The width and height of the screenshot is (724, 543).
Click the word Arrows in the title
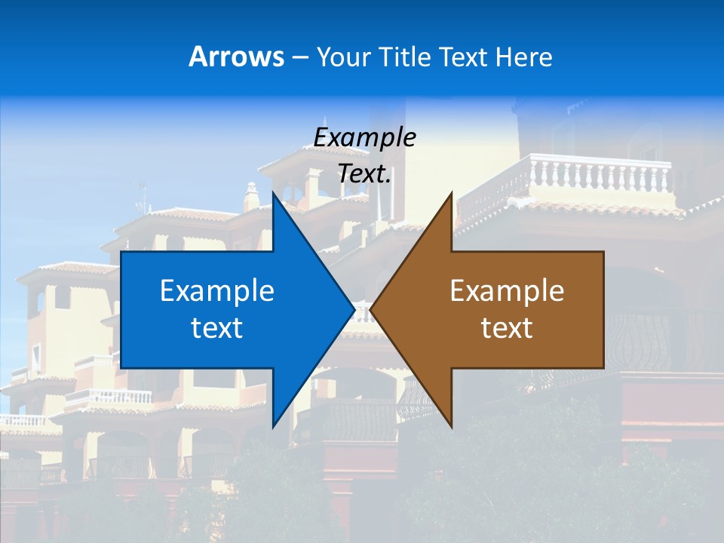click(237, 57)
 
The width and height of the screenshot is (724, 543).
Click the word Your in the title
click(343, 57)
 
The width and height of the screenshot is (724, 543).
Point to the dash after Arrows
click(299, 57)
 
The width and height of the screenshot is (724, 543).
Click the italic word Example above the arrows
click(364, 137)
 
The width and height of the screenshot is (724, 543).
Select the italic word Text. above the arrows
click(364, 174)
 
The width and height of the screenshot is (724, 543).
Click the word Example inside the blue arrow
click(216, 290)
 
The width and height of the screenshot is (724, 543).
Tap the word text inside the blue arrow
click(216, 328)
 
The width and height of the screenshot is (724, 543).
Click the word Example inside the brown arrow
click(507, 290)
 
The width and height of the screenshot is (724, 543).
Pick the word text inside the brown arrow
click(507, 328)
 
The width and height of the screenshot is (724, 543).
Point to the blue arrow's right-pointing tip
click(354, 309)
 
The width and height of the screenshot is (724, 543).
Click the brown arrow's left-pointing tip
click(371, 309)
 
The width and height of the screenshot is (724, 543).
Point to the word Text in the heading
click(462, 57)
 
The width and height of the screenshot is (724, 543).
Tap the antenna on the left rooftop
click(141, 198)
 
